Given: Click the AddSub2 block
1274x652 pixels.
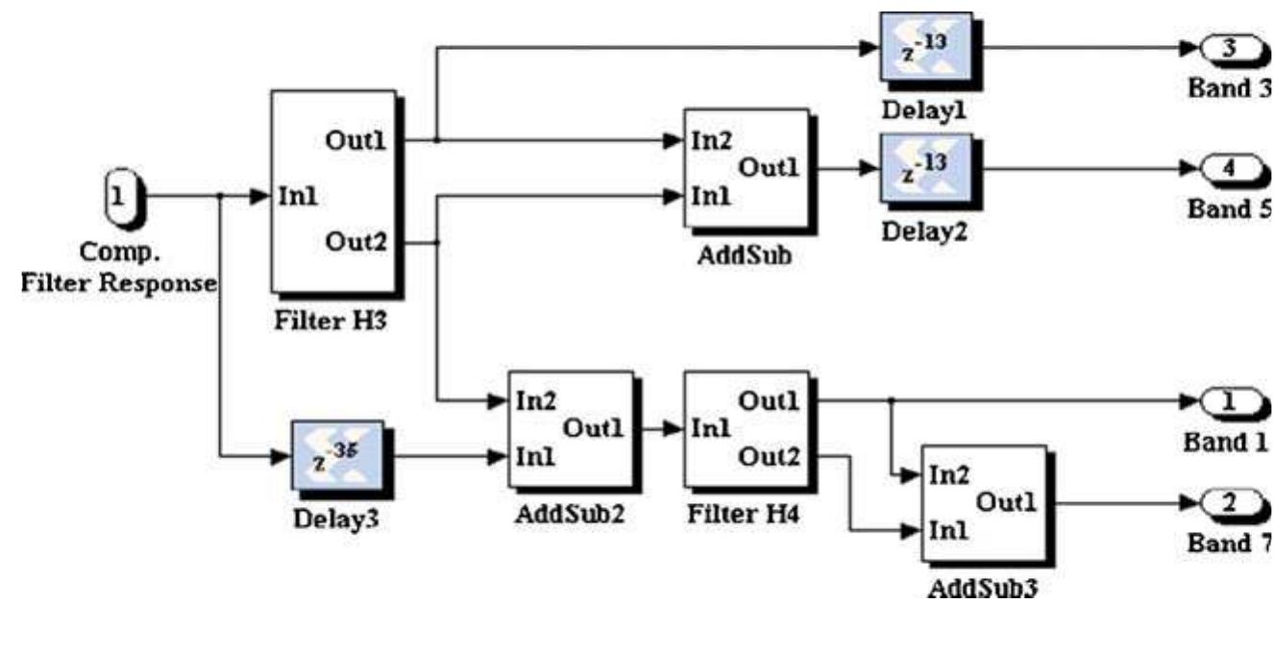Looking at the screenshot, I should point(571,428).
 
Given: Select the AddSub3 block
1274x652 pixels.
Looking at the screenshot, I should point(983,502).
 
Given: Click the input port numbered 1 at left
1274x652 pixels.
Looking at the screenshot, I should point(120,198).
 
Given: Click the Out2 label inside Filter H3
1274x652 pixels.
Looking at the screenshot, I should point(355,242).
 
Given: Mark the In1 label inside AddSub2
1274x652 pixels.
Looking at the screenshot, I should point(534,458).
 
